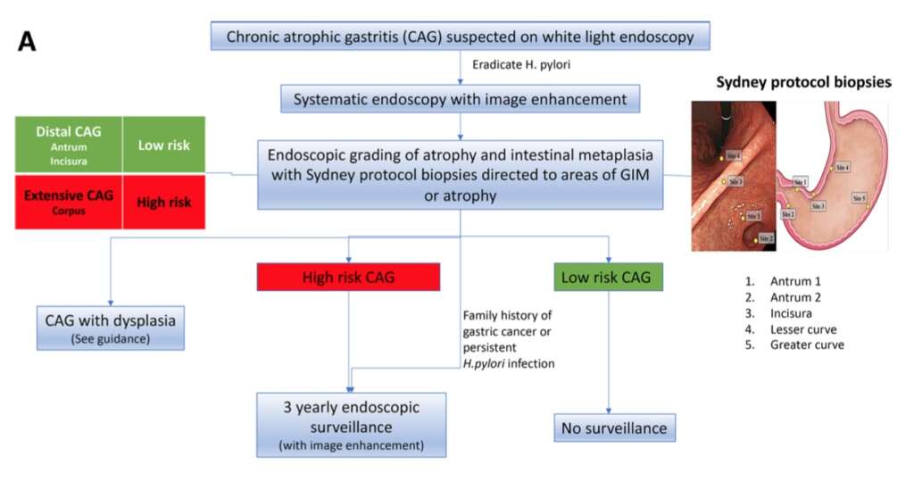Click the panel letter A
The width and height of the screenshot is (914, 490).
click(x=27, y=41)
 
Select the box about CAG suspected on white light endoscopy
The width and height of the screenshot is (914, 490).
click(x=460, y=37)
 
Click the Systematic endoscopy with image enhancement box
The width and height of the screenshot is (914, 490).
click(x=460, y=98)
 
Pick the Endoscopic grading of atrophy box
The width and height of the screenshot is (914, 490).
click(x=460, y=174)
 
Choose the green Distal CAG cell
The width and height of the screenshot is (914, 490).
click(x=70, y=144)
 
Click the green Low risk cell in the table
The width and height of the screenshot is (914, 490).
click(x=163, y=144)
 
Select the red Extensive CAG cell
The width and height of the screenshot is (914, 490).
click(x=70, y=201)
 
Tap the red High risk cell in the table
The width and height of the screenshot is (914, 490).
click(x=163, y=202)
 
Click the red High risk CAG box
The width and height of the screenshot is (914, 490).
click(x=349, y=278)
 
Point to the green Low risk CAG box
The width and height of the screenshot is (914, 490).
click(x=609, y=278)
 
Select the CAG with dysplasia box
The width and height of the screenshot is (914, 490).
click(x=111, y=328)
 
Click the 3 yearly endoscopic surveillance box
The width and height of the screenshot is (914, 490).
click(x=351, y=423)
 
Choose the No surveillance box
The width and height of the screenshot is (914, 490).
click(x=613, y=428)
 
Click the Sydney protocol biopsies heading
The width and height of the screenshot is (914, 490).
click(x=802, y=83)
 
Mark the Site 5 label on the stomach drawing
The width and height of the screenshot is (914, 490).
click(x=858, y=198)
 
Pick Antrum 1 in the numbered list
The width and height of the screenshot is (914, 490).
click(x=795, y=281)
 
